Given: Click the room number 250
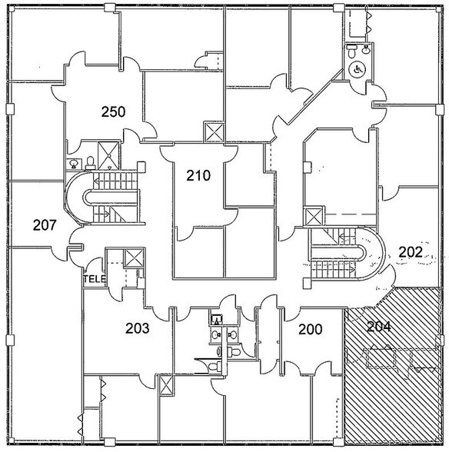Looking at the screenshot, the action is click(x=113, y=112).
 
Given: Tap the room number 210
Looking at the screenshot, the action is click(x=198, y=175).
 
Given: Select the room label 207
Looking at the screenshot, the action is click(x=45, y=225).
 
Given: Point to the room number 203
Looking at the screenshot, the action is click(x=138, y=328).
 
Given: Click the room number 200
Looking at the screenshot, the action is click(x=311, y=330).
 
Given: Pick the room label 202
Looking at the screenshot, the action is click(x=411, y=252).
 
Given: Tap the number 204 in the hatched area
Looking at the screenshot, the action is click(x=379, y=327).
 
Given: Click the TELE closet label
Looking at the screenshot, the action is click(x=95, y=279).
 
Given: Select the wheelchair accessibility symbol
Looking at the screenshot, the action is click(x=358, y=69).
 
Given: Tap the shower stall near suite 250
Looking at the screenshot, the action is click(x=108, y=155).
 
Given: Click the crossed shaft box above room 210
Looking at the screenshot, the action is click(x=214, y=132).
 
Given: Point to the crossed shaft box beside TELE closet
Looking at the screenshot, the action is click(x=134, y=258).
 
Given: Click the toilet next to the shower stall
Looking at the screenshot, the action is click(x=91, y=163).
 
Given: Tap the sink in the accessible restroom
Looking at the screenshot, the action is click(x=366, y=49).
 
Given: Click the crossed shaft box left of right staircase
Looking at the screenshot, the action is click(x=314, y=217).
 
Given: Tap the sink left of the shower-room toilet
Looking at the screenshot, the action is click(x=74, y=164).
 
